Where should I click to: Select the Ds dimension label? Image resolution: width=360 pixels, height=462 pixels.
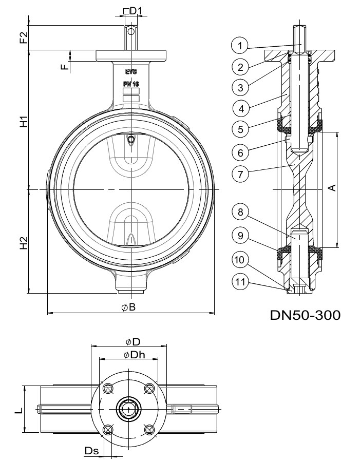click(91, 450)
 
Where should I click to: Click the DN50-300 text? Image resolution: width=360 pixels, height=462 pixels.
click(305, 315)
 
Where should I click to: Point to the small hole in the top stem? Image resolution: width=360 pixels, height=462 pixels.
click(131, 32)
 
